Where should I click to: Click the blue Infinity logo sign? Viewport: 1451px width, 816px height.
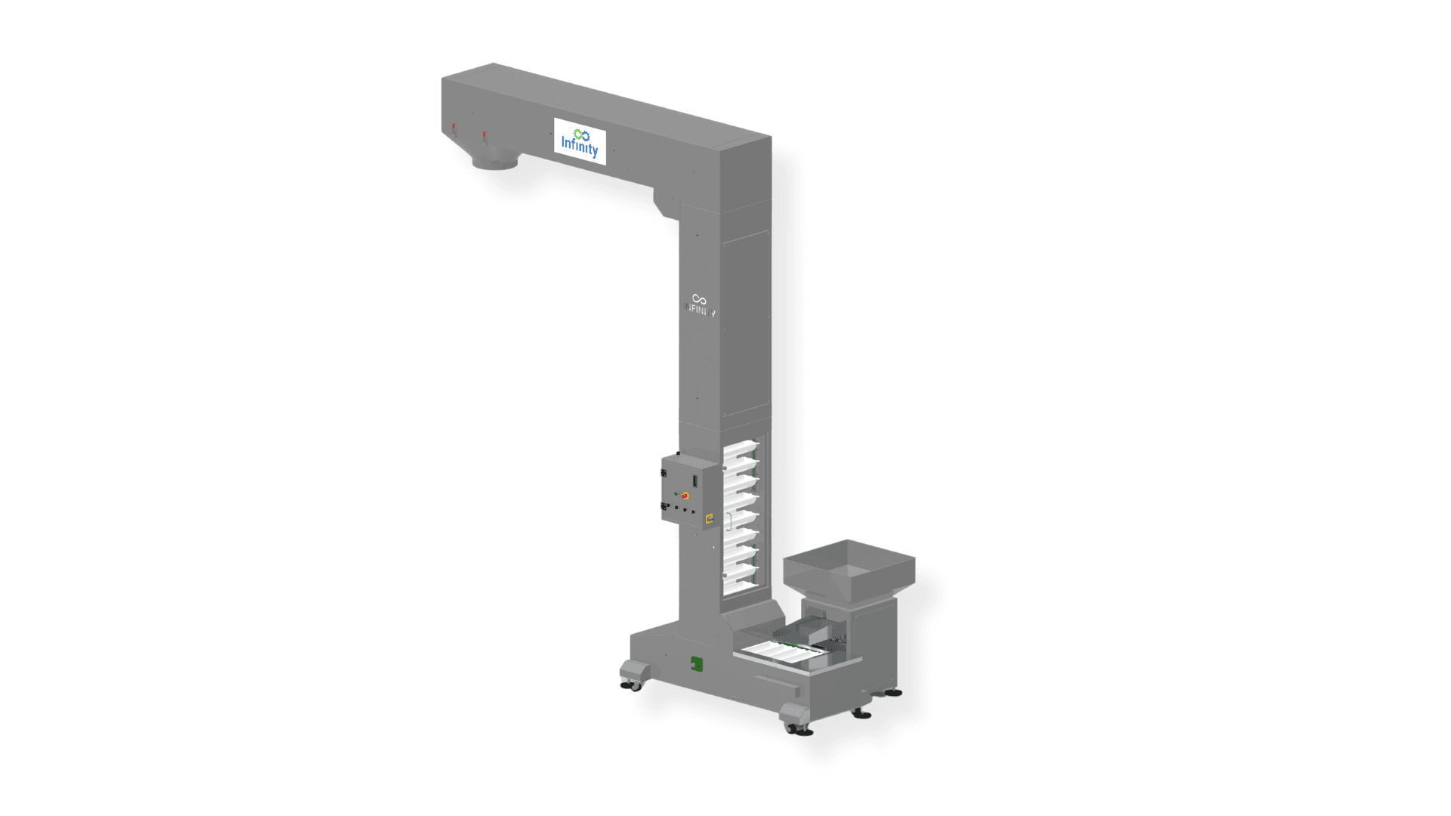580,141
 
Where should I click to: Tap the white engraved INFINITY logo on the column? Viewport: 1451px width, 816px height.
700,305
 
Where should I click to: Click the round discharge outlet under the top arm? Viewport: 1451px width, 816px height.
496,160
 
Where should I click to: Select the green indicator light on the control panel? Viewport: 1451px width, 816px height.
676,493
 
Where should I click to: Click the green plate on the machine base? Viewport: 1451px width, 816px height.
696,663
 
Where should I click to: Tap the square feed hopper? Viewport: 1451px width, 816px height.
849,568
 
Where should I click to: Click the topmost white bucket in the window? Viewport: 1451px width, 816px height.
741,447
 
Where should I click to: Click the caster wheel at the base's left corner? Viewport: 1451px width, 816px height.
632,685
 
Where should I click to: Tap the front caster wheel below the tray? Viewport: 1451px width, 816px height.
798,728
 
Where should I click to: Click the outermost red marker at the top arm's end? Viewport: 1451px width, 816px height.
453,128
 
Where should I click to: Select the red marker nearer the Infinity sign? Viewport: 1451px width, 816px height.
484,136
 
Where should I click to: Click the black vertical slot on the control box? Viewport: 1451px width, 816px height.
695,480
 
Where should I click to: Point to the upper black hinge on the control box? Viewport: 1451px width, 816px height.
664,473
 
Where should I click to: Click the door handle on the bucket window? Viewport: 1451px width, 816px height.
728,521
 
